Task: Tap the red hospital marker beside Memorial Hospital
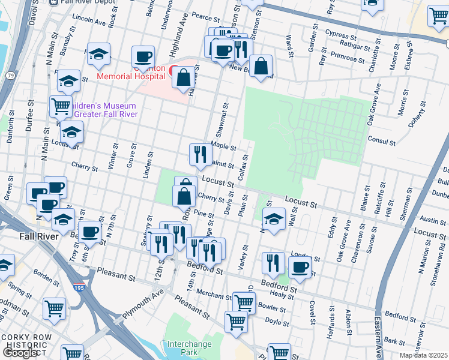tap(173, 70)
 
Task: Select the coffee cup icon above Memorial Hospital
tap(143, 58)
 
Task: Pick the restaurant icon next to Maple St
tap(200, 155)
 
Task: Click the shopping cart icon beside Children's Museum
tap(61, 107)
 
